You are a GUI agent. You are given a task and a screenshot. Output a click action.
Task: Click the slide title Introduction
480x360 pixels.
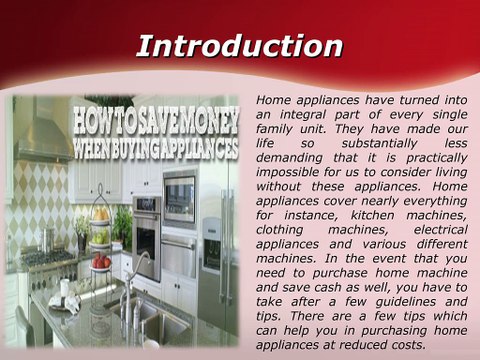tap(239, 46)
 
